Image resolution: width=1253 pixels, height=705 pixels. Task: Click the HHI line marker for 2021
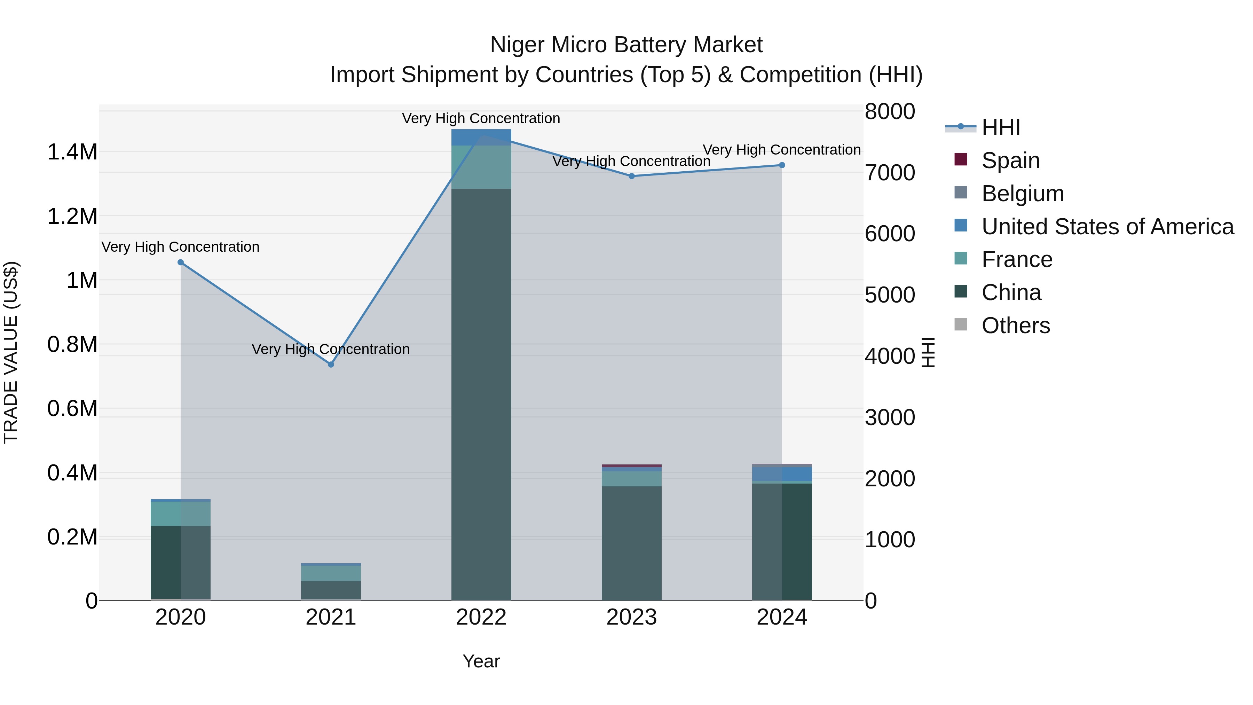pyautogui.click(x=331, y=365)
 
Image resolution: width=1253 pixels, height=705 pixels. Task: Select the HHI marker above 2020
pyautogui.click(x=180, y=262)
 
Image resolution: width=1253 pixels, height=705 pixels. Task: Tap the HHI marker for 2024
pyautogui.click(x=782, y=165)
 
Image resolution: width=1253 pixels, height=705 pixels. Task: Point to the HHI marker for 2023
pyautogui.click(x=631, y=176)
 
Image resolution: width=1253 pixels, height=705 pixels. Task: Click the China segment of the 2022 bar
pyautogui.click(x=481, y=394)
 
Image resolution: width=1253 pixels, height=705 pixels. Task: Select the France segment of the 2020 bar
pyautogui.click(x=180, y=513)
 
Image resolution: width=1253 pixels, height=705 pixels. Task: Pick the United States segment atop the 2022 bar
pyautogui.click(x=481, y=137)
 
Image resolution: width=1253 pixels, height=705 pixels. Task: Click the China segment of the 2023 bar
pyautogui.click(x=631, y=542)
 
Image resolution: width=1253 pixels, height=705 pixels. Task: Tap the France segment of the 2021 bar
pyautogui.click(x=331, y=573)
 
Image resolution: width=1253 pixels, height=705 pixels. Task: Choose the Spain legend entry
pyautogui.click(x=1010, y=160)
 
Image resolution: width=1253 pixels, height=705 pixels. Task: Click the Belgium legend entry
pyautogui.click(x=1023, y=194)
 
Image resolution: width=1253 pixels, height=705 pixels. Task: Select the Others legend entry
pyautogui.click(x=1015, y=326)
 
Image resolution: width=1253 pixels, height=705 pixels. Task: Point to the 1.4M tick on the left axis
pyautogui.click(x=72, y=152)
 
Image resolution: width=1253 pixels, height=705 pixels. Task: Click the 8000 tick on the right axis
pyautogui.click(x=890, y=111)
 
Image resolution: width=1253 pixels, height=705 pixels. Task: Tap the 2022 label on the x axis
pyautogui.click(x=481, y=617)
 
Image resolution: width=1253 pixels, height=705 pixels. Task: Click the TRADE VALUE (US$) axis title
pyautogui.click(x=11, y=352)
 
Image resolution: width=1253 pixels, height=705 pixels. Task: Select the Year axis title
pyautogui.click(x=481, y=661)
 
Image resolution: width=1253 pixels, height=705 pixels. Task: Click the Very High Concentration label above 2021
pyautogui.click(x=331, y=349)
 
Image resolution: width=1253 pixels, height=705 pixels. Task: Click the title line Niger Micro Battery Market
pyautogui.click(x=626, y=45)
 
